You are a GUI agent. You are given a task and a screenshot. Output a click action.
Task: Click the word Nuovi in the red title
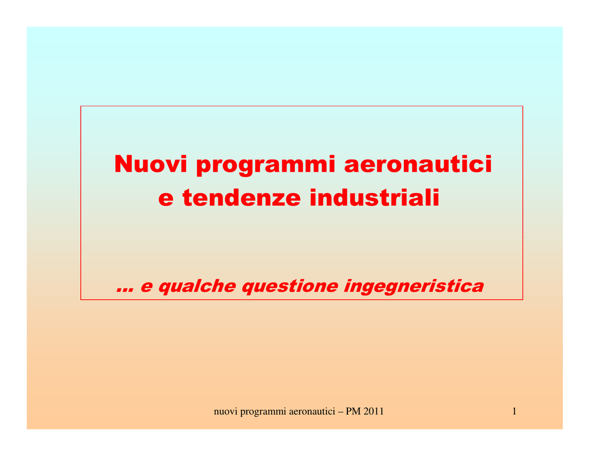pyautogui.click(x=150, y=164)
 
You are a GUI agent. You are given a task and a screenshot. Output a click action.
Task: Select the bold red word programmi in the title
pyautogui.click(x=266, y=165)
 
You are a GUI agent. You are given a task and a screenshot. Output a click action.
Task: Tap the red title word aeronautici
pyautogui.click(x=418, y=164)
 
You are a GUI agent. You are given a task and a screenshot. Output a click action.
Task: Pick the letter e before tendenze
pyautogui.click(x=166, y=199)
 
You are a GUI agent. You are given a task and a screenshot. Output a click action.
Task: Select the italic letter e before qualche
pyautogui.click(x=147, y=287)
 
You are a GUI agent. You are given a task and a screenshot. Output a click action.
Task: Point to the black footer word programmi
pyautogui.click(x=263, y=412)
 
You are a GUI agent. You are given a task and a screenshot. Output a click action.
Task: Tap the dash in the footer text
pyautogui.click(x=341, y=412)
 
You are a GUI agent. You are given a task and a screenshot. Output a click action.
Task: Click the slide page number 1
pyautogui.click(x=515, y=411)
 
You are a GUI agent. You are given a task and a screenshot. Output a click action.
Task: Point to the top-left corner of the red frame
pyautogui.click(x=81, y=106)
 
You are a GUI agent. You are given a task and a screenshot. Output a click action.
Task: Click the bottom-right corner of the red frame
pyautogui.click(x=523, y=300)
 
